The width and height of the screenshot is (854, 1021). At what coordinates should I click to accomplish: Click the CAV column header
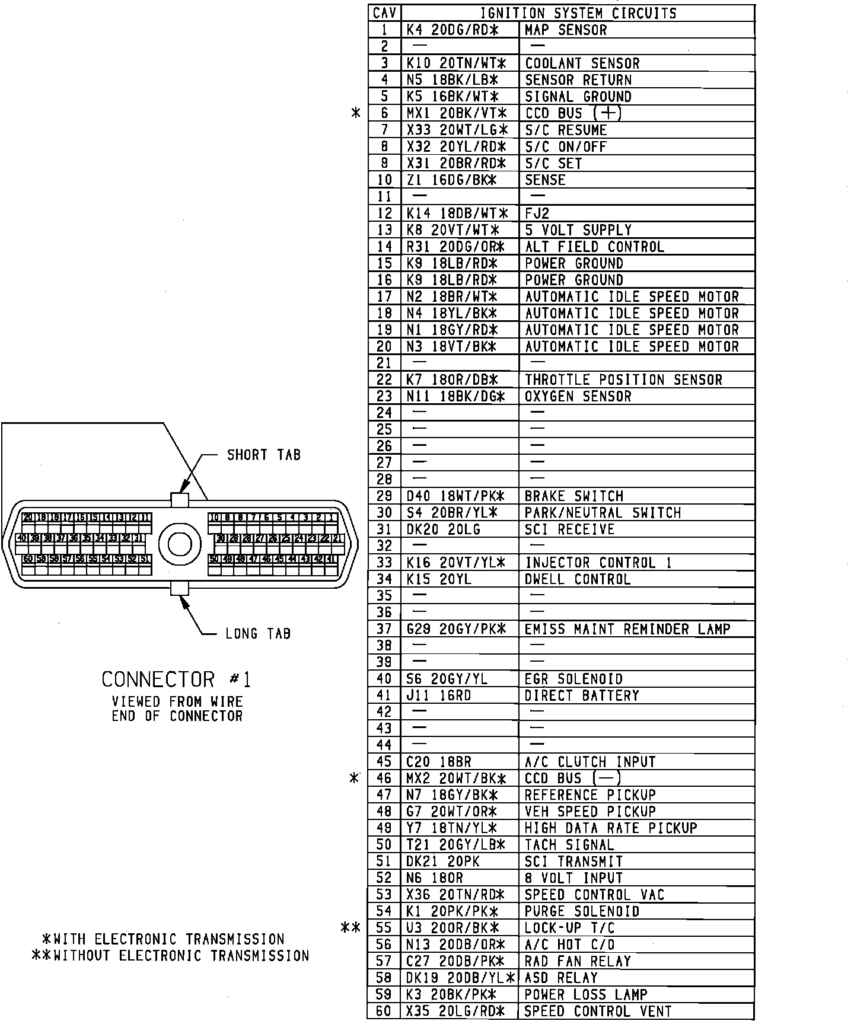pyautogui.click(x=384, y=13)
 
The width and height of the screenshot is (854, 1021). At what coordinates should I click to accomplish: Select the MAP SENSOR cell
pyautogui.click(x=566, y=30)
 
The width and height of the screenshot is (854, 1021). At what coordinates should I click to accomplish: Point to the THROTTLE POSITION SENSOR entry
pyautogui.click(x=623, y=379)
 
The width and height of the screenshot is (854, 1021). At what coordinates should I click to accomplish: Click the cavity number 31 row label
pyautogui.click(x=384, y=529)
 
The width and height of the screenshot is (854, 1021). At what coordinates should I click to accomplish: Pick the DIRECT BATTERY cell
pyautogui.click(x=582, y=695)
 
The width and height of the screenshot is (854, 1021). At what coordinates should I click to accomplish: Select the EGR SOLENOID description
pyautogui.click(x=573, y=679)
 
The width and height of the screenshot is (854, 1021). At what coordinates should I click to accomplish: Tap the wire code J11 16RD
pyautogui.click(x=439, y=695)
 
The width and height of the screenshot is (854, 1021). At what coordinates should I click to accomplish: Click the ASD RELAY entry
pyautogui.click(x=561, y=978)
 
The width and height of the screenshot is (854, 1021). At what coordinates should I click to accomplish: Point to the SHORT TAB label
pyautogui.click(x=264, y=455)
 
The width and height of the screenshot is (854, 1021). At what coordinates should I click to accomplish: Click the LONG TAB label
pyautogui.click(x=258, y=634)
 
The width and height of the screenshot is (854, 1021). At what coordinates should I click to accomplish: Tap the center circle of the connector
pyautogui.click(x=180, y=544)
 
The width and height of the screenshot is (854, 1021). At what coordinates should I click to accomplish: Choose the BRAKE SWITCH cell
pyautogui.click(x=573, y=496)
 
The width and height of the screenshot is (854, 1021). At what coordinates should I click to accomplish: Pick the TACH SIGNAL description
pyautogui.click(x=569, y=845)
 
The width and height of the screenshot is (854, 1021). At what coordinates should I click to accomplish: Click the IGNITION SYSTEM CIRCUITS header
pyautogui.click(x=578, y=13)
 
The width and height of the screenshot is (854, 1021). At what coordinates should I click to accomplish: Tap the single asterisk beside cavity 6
pyautogui.click(x=356, y=113)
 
